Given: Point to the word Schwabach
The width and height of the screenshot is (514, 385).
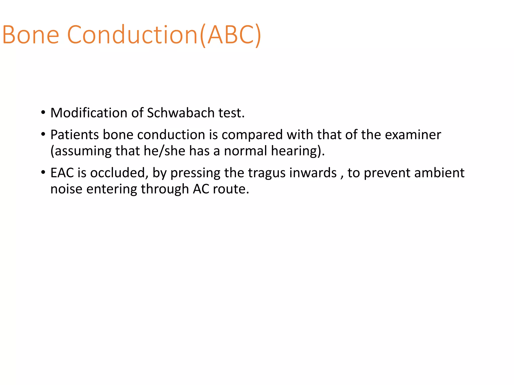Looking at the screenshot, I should point(181,113).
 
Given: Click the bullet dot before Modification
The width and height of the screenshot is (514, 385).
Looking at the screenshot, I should point(43,112).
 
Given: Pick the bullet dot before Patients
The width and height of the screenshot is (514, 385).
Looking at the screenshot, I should point(43,134).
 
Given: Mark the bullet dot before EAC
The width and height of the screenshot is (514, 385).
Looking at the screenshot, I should point(43,172).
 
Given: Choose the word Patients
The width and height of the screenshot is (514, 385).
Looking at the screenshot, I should point(75,135).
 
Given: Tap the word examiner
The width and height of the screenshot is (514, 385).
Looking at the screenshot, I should point(413,135).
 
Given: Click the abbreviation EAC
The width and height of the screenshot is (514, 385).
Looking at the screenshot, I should point(62,173).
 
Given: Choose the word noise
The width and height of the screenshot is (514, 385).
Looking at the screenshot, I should point(66,189).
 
